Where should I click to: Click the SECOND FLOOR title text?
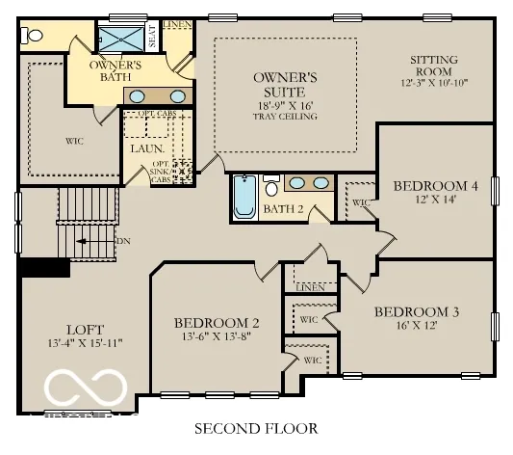point(255,427)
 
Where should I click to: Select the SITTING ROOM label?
point(433,66)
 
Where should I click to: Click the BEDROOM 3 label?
point(416,311)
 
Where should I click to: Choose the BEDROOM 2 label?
point(216,323)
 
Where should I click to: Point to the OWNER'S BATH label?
point(116,70)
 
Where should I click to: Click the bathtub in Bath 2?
point(244,200)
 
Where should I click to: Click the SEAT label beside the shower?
point(152,38)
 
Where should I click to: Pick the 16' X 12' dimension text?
point(416,326)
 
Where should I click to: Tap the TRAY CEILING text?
point(285,116)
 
